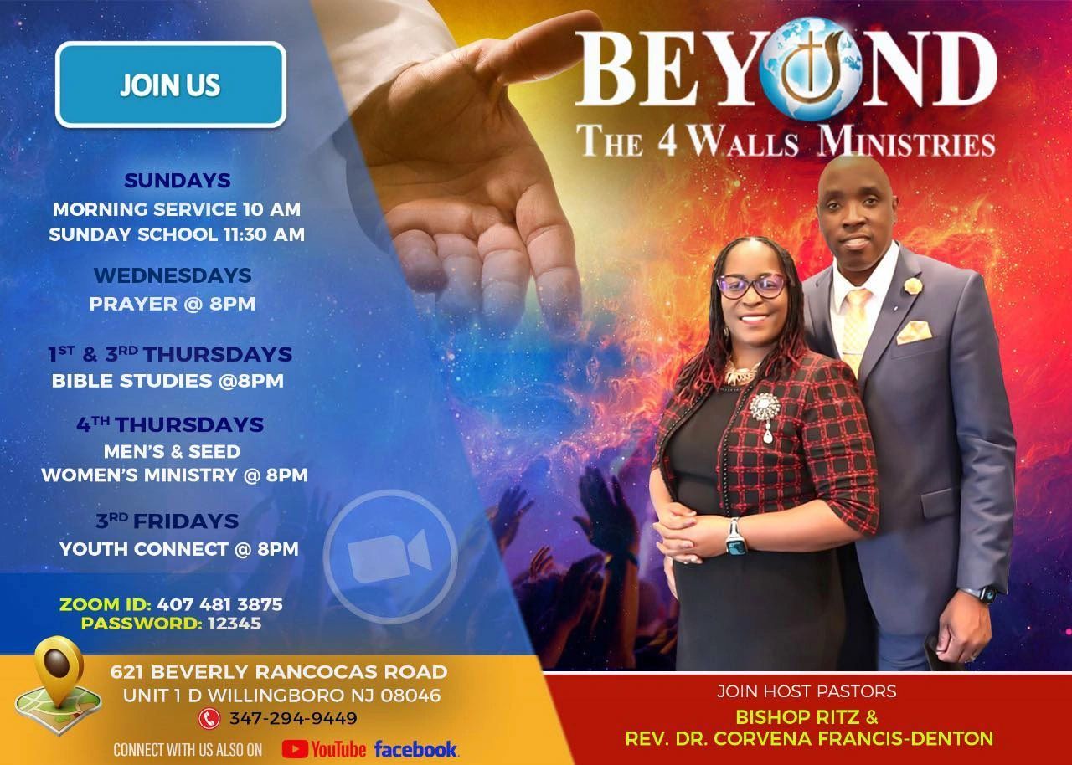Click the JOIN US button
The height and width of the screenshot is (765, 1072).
(x=171, y=85)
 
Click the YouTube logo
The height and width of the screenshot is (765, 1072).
(x=324, y=748)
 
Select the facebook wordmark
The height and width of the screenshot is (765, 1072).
(x=416, y=748)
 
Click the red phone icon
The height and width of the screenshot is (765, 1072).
(x=209, y=718)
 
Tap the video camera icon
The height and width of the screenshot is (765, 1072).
(x=389, y=557)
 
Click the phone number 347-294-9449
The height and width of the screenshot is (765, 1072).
(x=292, y=718)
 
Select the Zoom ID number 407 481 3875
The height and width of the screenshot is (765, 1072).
(x=219, y=603)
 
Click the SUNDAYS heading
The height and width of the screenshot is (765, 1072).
(x=178, y=181)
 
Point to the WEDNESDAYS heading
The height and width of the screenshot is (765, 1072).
(x=173, y=275)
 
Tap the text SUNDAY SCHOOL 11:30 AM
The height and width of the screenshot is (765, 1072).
(x=177, y=234)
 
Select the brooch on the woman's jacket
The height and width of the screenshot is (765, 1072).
(x=765, y=410)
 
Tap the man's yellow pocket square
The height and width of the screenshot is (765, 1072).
(x=914, y=331)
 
